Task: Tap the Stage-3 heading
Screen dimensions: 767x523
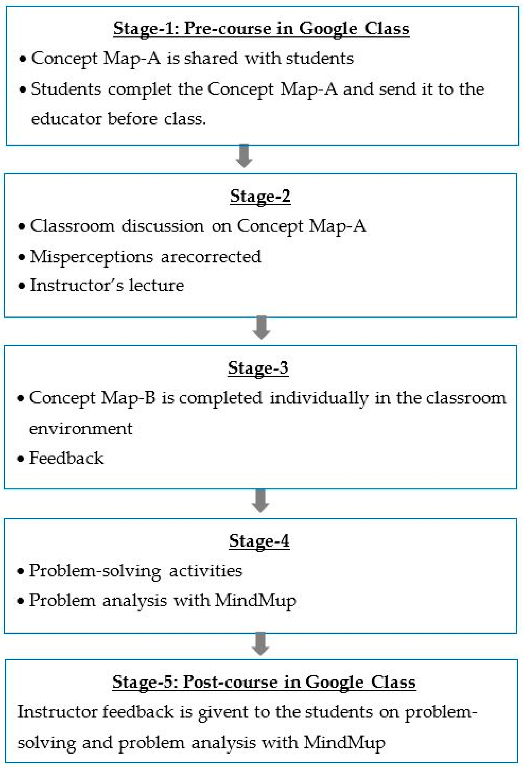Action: click(258, 368)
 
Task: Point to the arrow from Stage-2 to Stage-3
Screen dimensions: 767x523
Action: click(261, 328)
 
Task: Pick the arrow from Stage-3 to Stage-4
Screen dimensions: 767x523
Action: click(260, 500)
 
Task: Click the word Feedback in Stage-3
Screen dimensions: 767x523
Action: click(66, 458)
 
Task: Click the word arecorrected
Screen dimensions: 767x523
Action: click(211, 256)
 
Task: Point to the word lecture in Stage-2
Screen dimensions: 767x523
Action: click(156, 285)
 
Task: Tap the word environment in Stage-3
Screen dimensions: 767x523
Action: click(81, 428)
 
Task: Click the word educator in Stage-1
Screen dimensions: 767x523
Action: click(66, 119)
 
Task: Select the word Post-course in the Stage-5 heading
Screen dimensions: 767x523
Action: click(230, 682)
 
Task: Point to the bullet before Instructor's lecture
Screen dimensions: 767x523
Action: click(22, 285)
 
